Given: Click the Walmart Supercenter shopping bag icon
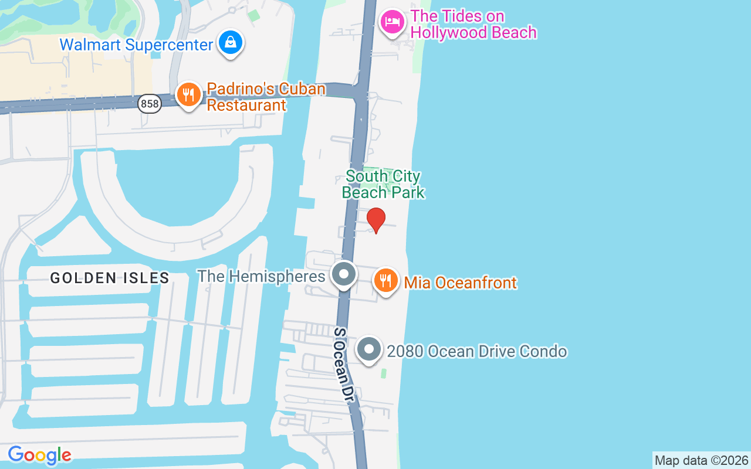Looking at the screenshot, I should [x=231, y=43].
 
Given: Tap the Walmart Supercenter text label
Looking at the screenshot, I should [x=136, y=45].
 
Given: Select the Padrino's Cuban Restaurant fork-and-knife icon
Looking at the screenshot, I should [x=188, y=94].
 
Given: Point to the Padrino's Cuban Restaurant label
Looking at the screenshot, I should [x=266, y=97].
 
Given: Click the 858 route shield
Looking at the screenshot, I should [x=150, y=104].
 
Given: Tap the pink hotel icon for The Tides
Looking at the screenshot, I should [x=391, y=23].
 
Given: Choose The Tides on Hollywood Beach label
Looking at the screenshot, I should [x=473, y=24].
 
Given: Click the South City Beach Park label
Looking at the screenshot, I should [x=383, y=184].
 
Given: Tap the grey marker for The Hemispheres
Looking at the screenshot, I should [x=344, y=274].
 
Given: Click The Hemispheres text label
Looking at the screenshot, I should [x=261, y=276].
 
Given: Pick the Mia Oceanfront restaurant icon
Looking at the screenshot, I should [x=385, y=280].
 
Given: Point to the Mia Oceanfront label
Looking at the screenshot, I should [x=461, y=283].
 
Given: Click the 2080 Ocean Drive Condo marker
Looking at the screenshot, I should [x=369, y=349].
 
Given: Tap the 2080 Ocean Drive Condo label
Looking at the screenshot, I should [x=476, y=351].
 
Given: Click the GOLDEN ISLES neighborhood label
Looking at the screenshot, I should [x=110, y=278].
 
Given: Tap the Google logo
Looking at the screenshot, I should [x=39, y=455].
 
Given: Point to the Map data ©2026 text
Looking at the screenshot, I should [x=701, y=461].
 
